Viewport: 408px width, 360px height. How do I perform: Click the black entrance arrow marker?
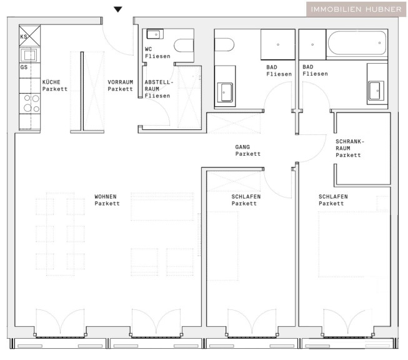click(118, 9)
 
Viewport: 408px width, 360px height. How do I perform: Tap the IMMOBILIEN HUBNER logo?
click(356, 9)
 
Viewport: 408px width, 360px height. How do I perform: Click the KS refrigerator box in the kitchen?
click(29, 36)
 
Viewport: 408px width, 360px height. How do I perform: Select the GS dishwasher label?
click(24, 67)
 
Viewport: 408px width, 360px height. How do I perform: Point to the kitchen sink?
click(29, 55)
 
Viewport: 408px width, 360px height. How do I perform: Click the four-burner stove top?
click(29, 103)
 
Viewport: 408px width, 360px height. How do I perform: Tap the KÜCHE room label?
click(51, 82)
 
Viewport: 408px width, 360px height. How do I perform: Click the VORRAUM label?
click(120, 82)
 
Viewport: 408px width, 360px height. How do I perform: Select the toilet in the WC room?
click(184, 46)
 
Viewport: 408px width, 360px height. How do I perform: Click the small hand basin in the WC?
click(155, 34)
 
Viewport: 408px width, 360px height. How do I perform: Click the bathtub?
click(357, 43)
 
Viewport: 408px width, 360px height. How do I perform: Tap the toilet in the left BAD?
click(224, 45)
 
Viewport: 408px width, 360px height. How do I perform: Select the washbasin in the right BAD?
click(376, 91)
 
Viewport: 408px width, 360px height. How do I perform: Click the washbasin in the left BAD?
click(225, 92)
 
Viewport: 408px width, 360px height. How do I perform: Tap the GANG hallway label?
click(242, 147)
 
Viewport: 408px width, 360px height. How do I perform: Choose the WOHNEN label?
click(106, 196)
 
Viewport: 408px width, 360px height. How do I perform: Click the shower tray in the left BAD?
click(278, 44)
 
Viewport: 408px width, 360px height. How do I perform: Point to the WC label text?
click(148, 49)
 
